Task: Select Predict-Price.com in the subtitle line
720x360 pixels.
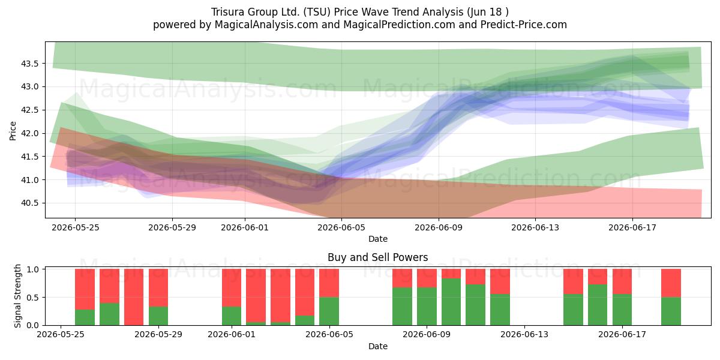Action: (x=524, y=25)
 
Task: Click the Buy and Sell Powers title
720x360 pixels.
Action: (x=377, y=257)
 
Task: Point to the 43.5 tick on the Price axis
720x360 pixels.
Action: (x=29, y=64)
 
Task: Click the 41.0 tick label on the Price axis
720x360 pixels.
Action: (x=29, y=180)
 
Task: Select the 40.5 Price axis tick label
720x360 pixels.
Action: (x=29, y=203)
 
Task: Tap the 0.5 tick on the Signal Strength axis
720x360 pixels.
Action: (x=32, y=298)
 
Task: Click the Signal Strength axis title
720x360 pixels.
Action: (x=17, y=296)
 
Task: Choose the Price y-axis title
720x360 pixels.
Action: (x=13, y=131)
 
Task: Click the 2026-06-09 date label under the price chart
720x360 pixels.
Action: (x=439, y=227)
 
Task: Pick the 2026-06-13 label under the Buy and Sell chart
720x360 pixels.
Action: (x=524, y=334)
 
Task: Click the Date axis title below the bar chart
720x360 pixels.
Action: (x=377, y=346)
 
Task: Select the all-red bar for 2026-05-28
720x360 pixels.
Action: (x=134, y=297)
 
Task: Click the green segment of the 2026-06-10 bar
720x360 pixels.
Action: (x=451, y=302)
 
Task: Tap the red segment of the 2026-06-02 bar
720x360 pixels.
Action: (x=256, y=296)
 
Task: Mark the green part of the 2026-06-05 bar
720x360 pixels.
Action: (x=329, y=311)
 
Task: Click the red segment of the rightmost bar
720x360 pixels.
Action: (x=671, y=283)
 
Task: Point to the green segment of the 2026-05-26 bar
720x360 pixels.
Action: (x=85, y=317)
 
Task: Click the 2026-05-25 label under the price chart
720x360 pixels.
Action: (x=76, y=227)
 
